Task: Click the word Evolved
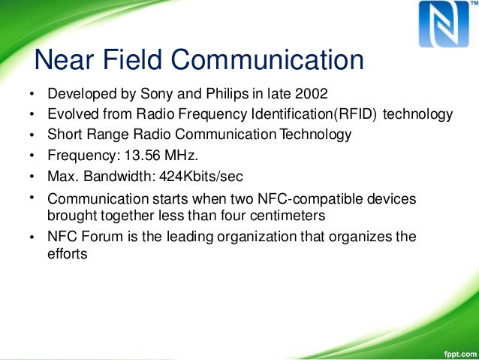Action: click(71, 115)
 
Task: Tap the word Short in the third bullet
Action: click(63, 135)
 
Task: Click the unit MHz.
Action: click(172, 156)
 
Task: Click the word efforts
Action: click(67, 253)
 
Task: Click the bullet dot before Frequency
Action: click(32, 157)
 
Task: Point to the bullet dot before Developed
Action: click(32, 96)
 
